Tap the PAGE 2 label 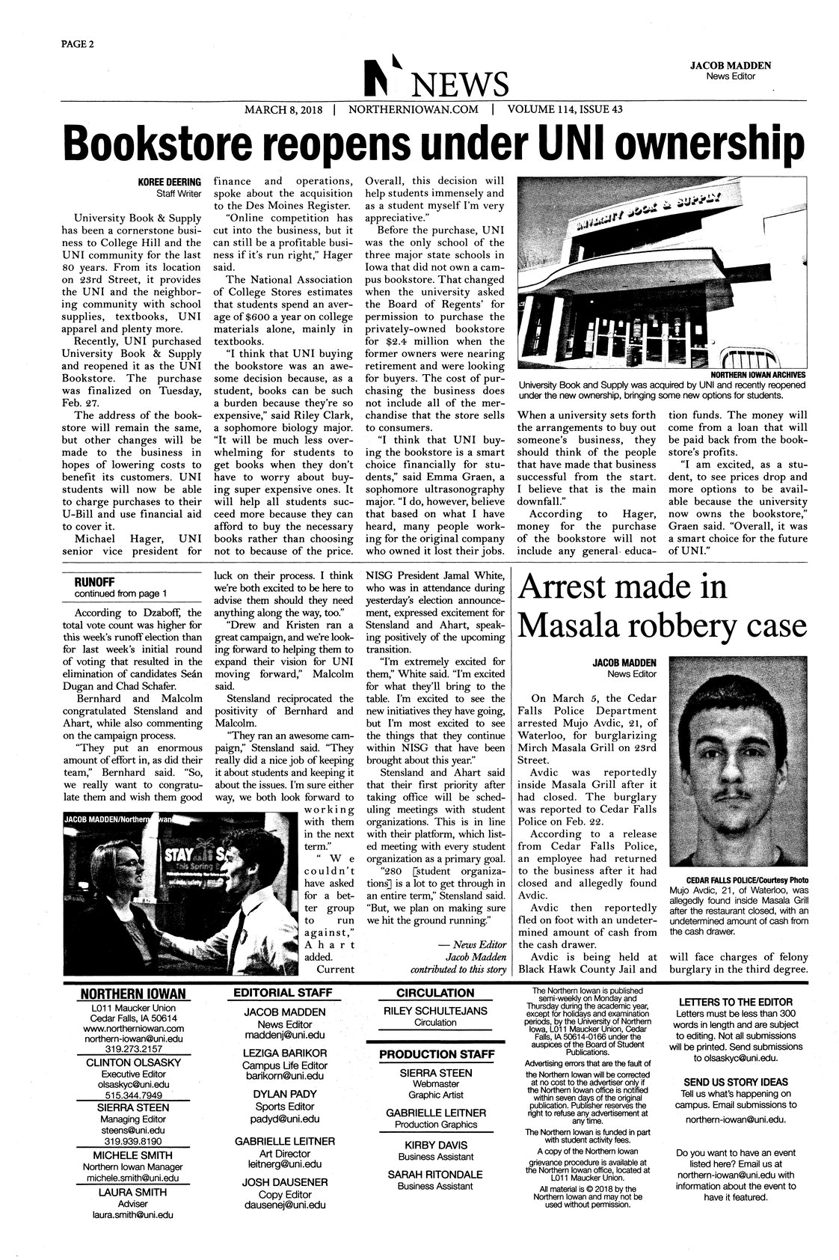point(77,43)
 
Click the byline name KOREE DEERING point(170,182)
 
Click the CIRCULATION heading point(436,993)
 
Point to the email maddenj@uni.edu point(274,1036)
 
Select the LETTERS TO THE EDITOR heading point(739,1001)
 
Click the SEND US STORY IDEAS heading point(739,1082)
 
